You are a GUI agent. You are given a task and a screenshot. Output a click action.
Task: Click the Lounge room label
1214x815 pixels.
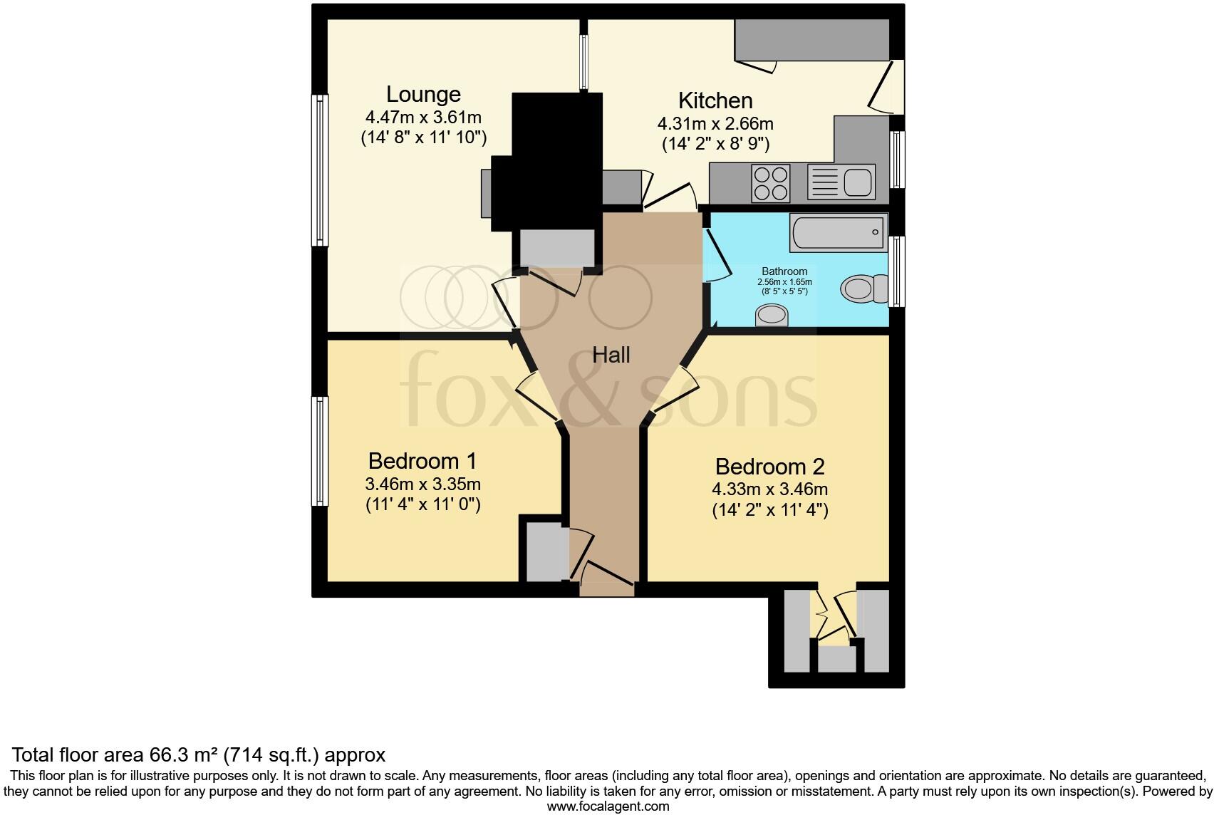tap(423, 94)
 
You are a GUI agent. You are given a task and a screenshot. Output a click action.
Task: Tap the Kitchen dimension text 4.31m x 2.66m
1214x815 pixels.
tap(715, 123)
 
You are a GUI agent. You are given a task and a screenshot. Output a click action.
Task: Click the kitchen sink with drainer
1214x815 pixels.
tap(841, 182)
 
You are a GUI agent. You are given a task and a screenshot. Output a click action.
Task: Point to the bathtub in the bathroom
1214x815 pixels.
tap(838, 232)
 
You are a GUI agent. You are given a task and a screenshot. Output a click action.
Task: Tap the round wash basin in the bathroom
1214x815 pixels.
tap(772, 314)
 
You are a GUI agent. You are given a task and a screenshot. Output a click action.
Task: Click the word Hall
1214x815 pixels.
tap(611, 355)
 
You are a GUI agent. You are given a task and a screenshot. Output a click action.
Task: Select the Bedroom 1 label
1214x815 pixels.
tap(422, 460)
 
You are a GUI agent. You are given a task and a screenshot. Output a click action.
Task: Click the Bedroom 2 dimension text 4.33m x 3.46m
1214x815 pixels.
tap(769, 489)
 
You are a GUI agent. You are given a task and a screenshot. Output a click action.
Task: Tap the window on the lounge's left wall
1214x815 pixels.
tap(321, 170)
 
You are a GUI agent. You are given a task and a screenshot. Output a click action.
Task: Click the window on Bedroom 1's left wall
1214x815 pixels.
tap(321, 451)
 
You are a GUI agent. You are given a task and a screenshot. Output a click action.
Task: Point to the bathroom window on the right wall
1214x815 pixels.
tap(898, 271)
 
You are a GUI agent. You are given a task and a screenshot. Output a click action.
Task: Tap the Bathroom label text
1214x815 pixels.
tap(784, 271)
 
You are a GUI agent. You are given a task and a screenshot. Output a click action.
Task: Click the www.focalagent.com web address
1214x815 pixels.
tap(608, 806)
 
